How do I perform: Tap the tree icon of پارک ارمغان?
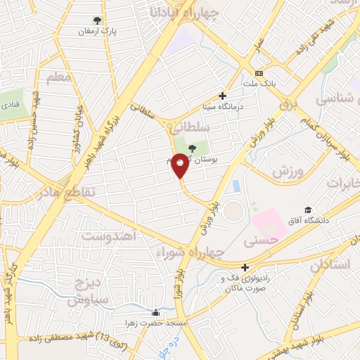pos(96,20)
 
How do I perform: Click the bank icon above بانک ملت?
pos(259,73)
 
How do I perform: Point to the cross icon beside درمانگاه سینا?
pos(223,96)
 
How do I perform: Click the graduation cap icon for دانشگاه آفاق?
pos(308,210)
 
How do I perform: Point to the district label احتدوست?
pos(108,235)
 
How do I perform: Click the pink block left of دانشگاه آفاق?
pos(271,222)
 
